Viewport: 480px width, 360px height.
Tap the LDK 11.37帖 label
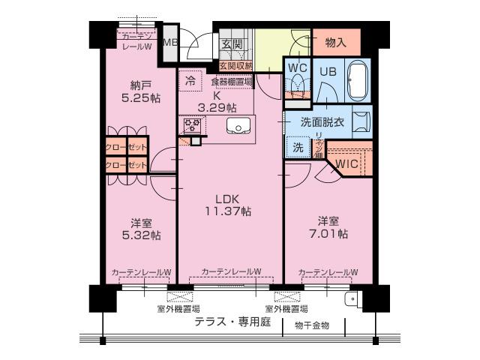(x=227, y=205)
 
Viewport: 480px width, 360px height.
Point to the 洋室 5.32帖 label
(x=142, y=229)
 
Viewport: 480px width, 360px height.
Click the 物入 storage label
(x=336, y=43)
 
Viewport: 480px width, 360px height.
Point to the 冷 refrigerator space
(x=190, y=79)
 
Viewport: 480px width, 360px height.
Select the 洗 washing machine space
(x=298, y=146)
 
